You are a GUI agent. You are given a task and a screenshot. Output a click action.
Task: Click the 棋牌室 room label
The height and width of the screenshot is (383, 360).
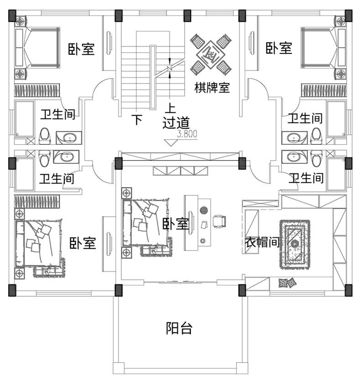pos(212,88)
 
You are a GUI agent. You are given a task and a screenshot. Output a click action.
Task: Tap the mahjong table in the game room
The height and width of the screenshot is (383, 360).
pos(211,55)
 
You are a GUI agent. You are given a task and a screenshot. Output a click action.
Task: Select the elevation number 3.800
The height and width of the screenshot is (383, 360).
pos(187,134)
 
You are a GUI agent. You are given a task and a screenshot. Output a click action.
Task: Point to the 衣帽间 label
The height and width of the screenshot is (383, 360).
pos(262,242)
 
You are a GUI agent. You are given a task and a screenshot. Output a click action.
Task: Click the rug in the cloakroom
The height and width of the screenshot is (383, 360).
pos(295,245)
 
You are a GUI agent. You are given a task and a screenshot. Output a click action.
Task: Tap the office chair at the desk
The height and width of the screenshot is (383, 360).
pos(219,221)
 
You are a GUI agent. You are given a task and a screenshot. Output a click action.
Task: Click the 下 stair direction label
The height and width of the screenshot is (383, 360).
pos(137,120)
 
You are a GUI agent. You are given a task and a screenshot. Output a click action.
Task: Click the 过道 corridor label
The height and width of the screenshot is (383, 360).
pos(176,123)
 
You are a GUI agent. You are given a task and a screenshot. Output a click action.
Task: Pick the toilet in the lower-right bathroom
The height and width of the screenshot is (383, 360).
pos(316,158)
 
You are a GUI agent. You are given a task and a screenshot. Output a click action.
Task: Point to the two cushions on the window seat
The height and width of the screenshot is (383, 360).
pos(287,283)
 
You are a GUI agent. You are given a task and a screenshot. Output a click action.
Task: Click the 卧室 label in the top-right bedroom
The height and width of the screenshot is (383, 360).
pos(279,48)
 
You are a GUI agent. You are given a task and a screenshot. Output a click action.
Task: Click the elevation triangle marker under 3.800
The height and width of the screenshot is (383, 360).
pos(171,142)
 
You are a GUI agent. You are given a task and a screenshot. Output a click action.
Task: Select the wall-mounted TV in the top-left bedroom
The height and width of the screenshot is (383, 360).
pos(109,43)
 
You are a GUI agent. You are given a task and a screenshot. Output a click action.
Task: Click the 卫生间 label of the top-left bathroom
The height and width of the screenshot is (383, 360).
pos(57,114)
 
